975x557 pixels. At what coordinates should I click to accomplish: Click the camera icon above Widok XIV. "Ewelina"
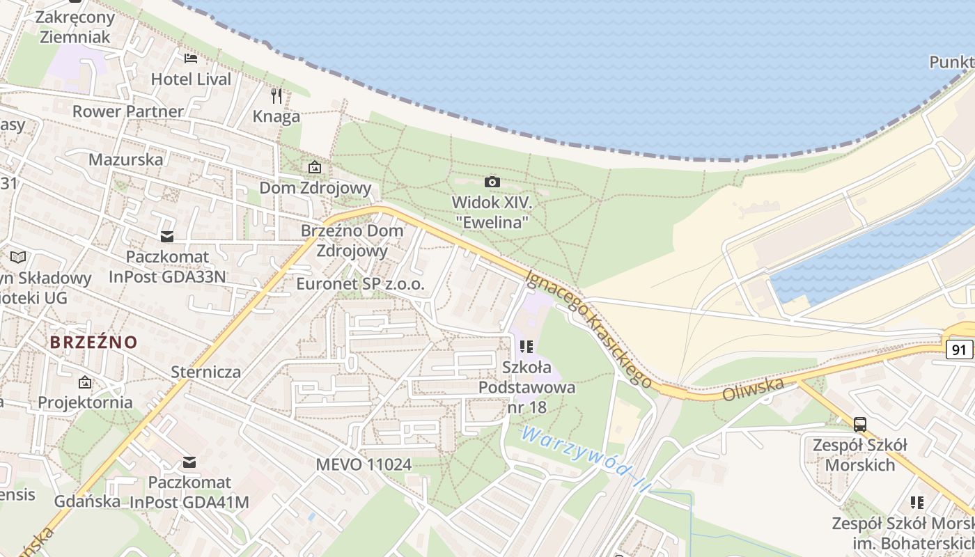[x=492, y=182]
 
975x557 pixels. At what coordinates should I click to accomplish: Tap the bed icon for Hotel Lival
[x=190, y=58]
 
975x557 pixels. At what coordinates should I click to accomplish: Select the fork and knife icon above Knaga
[x=276, y=95]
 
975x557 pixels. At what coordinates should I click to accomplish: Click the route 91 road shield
[x=960, y=350]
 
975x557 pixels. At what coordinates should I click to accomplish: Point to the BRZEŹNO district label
[x=93, y=342]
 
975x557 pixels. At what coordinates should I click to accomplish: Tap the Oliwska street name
[x=754, y=389]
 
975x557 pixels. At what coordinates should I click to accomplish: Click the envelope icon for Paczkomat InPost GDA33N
[x=166, y=237]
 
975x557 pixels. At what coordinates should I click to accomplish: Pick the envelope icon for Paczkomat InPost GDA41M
[x=189, y=462]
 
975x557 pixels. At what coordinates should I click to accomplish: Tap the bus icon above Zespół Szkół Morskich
[x=860, y=424]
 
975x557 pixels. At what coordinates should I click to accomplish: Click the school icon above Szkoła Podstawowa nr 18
[x=526, y=346]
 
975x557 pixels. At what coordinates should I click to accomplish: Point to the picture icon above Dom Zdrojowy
[x=315, y=167]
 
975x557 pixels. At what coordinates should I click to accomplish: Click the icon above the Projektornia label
[x=85, y=382]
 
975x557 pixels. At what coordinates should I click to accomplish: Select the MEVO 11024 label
[x=364, y=464]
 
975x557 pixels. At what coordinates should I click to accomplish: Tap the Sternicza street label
[x=206, y=372]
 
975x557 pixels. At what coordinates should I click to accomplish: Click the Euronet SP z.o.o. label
[x=360, y=284]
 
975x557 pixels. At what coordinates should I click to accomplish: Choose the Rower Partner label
[x=128, y=111]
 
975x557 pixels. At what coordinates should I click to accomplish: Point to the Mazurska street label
[x=126, y=159]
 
